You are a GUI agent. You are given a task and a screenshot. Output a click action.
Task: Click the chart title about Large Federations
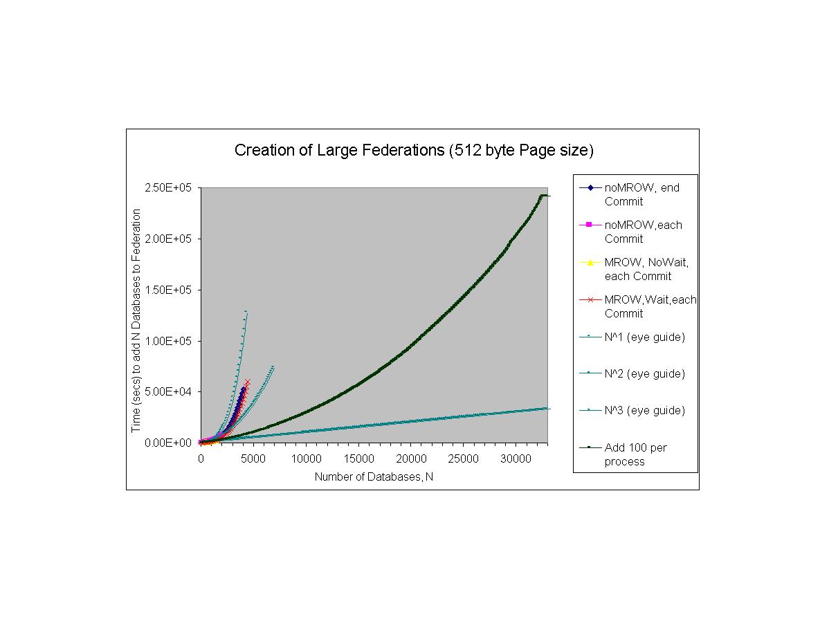(414, 150)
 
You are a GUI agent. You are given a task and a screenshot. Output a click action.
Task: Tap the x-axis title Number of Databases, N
(374, 476)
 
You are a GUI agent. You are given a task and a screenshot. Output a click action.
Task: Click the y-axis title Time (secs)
(137, 320)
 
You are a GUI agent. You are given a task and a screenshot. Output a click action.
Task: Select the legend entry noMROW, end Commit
(641, 194)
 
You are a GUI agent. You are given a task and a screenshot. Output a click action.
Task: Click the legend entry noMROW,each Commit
(643, 232)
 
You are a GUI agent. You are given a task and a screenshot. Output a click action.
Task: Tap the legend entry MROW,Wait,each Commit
(650, 306)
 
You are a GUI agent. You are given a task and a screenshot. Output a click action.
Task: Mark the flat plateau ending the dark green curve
(545, 196)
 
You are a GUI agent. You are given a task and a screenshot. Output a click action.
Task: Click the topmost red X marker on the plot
(248, 382)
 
